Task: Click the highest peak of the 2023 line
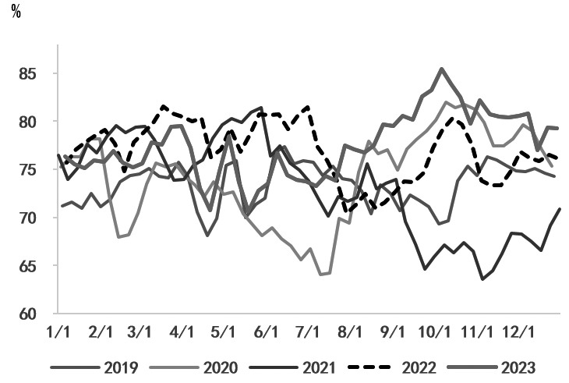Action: coord(442,69)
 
